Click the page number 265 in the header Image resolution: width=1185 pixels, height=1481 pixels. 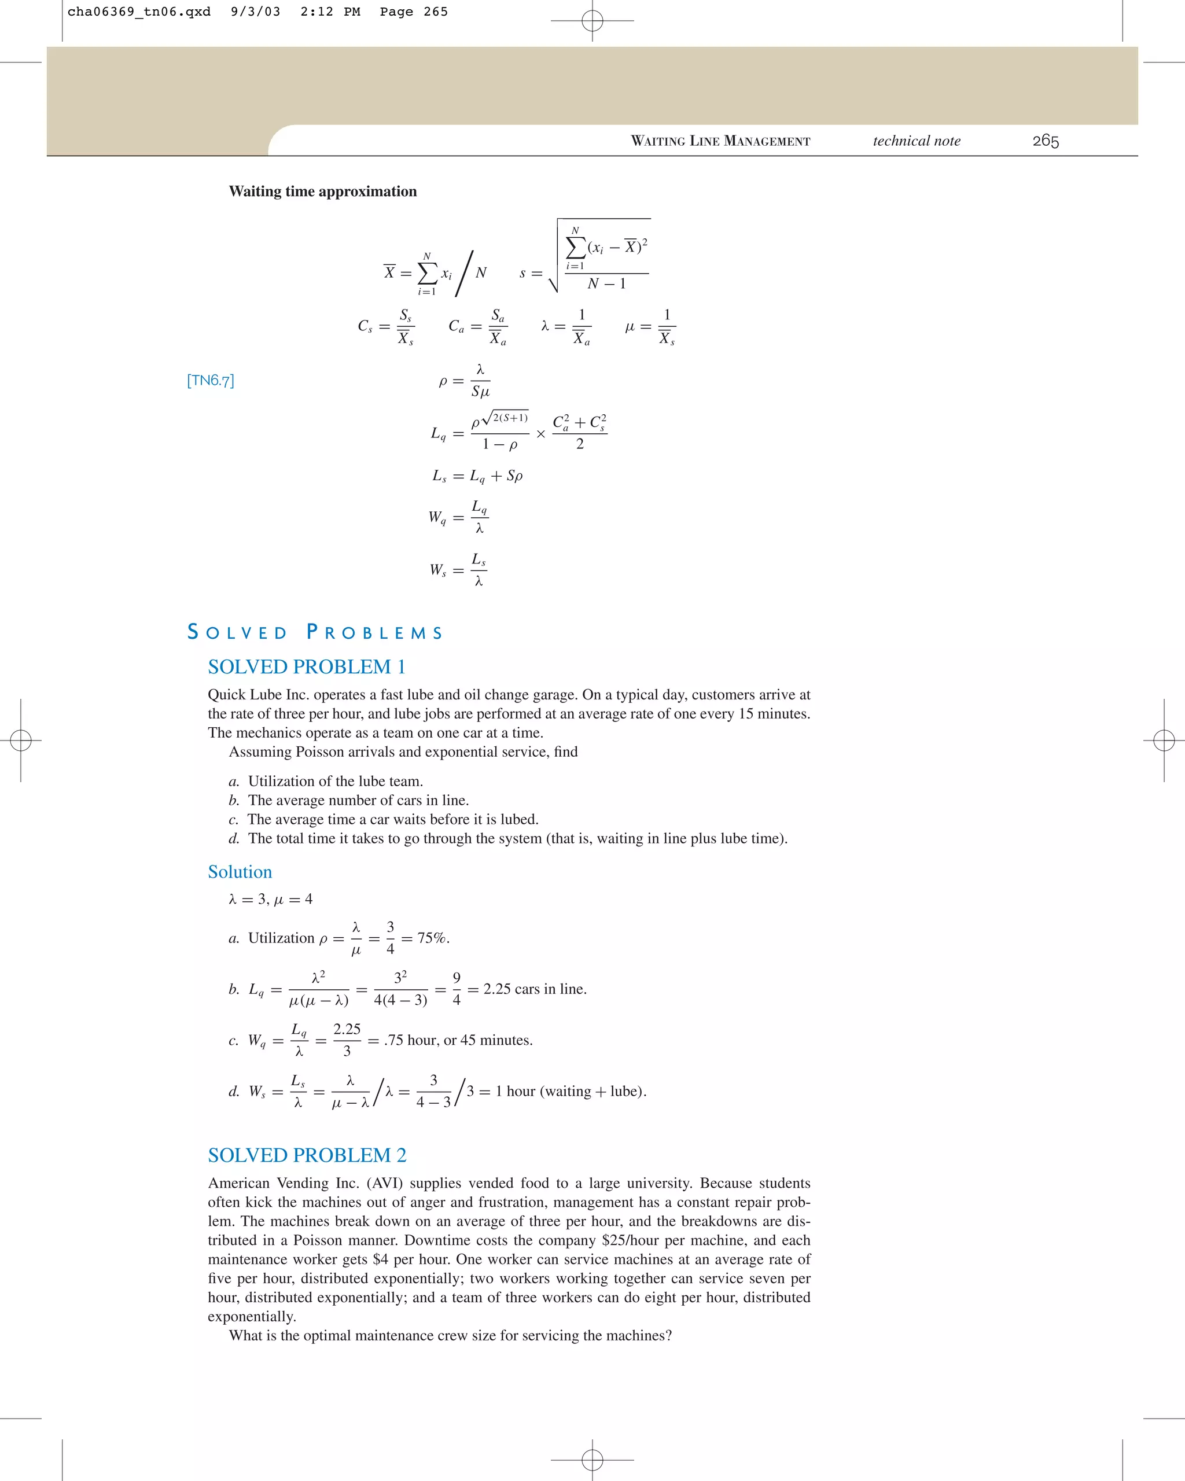pyautogui.click(x=1045, y=141)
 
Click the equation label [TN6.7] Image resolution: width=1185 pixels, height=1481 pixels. pyautogui.click(x=210, y=381)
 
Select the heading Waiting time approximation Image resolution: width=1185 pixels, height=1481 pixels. pyautogui.click(x=322, y=191)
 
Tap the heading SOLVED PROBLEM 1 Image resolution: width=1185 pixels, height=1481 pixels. pyautogui.click(x=307, y=666)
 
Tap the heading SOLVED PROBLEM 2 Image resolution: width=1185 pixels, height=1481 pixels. pyautogui.click(x=307, y=1155)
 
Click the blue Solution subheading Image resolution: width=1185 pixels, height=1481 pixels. pyautogui.click(x=240, y=872)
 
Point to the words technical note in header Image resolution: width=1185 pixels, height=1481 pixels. pyautogui.click(x=917, y=141)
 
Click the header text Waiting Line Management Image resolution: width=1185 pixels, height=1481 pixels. pyautogui.click(x=720, y=141)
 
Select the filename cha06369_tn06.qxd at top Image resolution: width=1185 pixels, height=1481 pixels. pyautogui.click(x=139, y=12)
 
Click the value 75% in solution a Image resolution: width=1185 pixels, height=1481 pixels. pyautogui.click(x=433, y=938)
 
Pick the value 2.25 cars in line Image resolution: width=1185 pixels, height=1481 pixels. pyautogui.click(x=535, y=989)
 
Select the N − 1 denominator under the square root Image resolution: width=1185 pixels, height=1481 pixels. pyautogui.click(x=606, y=283)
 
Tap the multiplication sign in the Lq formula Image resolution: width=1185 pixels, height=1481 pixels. pyautogui.click(x=540, y=434)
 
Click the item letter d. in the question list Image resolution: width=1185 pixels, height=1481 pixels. pyautogui.click(x=234, y=838)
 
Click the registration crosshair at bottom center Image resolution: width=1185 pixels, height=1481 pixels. pyautogui.click(x=592, y=1459)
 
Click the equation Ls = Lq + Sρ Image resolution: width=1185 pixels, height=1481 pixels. pyautogui.click(x=477, y=476)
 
